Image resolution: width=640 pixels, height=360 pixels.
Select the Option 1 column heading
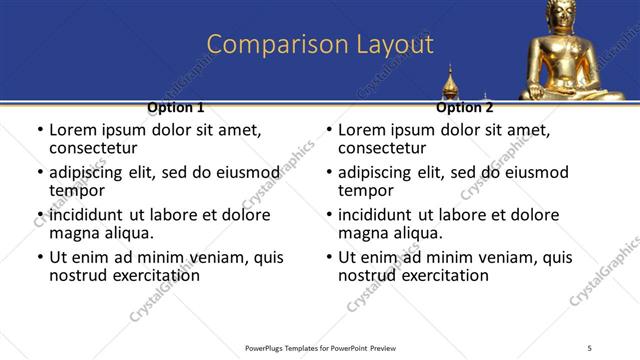pos(176,107)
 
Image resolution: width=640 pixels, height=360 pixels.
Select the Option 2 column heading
pos(464,107)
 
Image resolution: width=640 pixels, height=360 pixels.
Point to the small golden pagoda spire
pos(450,82)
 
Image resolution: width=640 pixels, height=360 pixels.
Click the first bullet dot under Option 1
pos(39,131)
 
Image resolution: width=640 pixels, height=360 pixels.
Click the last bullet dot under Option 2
pos(328,258)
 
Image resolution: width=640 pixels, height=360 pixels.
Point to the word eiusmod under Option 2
pos(535,172)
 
